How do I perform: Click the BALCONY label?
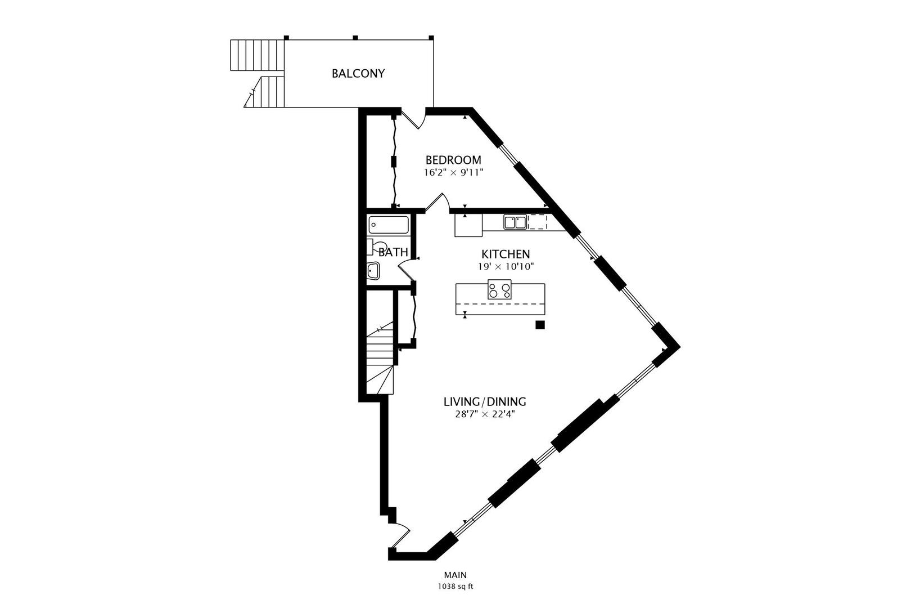point(358,74)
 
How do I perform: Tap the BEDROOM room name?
point(453,160)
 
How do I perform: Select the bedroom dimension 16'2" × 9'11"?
point(453,173)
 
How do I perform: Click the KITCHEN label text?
point(506,254)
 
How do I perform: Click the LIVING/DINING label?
point(485,402)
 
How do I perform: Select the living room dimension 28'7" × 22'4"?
point(485,415)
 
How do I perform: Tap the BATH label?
point(393,252)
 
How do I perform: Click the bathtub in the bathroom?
point(389,225)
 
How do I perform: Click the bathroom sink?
point(373,271)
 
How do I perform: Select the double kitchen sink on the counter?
point(515,222)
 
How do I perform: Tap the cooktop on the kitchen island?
point(499,289)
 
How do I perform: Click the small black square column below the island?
point(540,325)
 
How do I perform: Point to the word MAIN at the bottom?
point(455,575)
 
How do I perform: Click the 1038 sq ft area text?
point(455,587)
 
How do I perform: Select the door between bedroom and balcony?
point(414,119)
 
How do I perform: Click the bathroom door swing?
point(405,268)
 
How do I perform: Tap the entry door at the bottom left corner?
point(400,535)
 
